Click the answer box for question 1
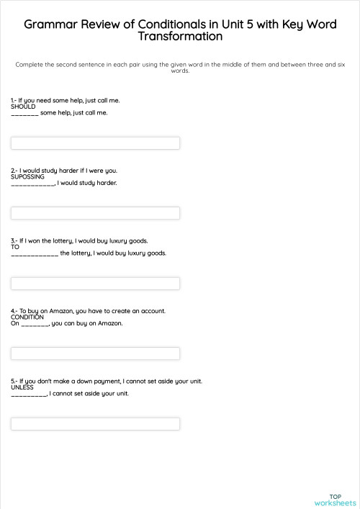point(95,143)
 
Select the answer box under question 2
point(95,213)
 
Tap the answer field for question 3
point(95,283)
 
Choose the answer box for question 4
point(95,353)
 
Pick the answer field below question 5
point(95,424)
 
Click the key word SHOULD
point(23,107)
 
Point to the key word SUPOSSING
point(27,176)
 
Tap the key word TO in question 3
point(15,247)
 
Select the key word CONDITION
point(27,317)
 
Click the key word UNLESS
point(22,387)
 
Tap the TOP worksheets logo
point(335,500)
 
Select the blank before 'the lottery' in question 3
point(35,254)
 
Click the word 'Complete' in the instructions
point(29,64)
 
